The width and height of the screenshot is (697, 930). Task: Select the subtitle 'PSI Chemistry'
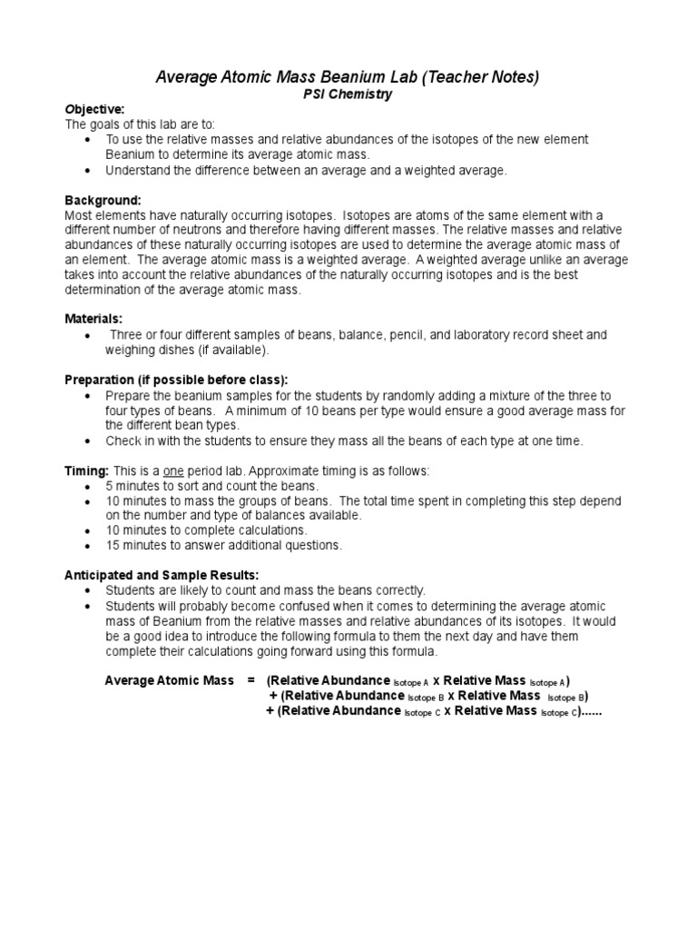click(x=348, y=94)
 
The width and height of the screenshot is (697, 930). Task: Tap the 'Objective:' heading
click(x=94, y=109)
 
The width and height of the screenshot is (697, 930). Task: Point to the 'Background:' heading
click(x=103, y=199)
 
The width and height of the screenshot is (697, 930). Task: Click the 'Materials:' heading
click(x=93, y=319)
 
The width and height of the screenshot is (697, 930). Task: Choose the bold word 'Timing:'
click(x=87, y=470)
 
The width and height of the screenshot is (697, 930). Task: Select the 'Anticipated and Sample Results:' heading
click(x=162, y=575)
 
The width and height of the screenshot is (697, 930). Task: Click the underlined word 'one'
click(x=174, y=470)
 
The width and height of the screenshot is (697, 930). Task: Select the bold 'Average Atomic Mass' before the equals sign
click(x=169, y=680)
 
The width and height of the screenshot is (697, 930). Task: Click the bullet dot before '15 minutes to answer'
click(x=86, y=546)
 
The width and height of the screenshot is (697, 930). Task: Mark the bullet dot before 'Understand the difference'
click(x=86, y=170)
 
